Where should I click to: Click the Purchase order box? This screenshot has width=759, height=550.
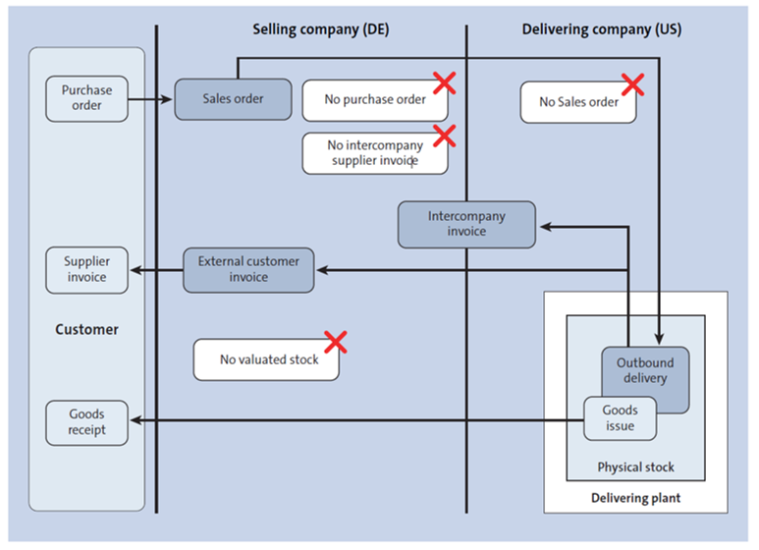86,98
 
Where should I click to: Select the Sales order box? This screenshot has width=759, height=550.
233,99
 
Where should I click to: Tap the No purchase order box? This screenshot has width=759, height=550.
374,100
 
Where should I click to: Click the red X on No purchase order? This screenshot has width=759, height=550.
444,82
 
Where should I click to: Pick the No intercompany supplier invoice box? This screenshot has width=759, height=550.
374,153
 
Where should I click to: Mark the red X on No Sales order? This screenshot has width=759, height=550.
632,84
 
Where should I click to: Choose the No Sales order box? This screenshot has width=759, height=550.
577,102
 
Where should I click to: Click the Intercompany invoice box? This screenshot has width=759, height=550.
466,224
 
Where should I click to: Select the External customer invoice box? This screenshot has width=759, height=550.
248,270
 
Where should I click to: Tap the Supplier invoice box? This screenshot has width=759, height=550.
86,270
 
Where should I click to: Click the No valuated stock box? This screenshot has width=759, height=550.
267,359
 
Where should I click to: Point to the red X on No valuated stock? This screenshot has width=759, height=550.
336,342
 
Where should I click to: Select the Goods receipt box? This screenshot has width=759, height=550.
86,422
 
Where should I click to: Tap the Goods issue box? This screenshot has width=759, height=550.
620,418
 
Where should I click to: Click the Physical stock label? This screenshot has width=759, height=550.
635,467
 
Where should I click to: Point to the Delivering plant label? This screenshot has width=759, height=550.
635,498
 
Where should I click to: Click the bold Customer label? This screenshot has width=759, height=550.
86,330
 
